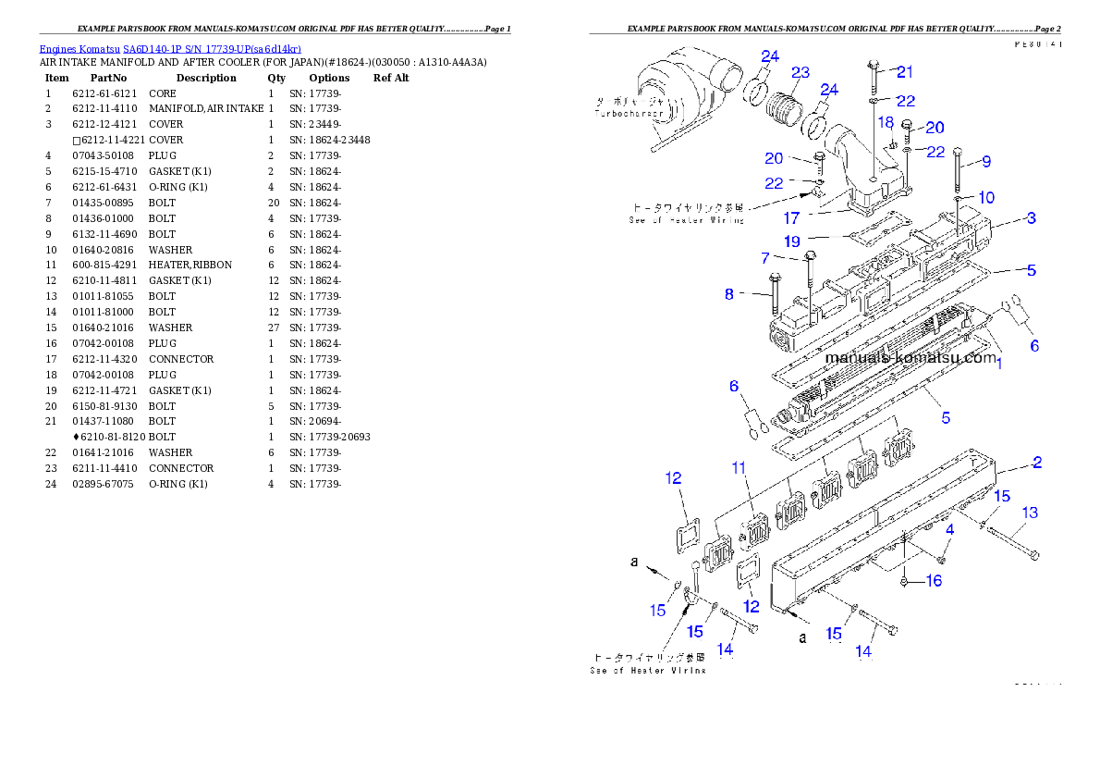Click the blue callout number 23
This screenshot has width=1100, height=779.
pyautogui.click(x=801, y=72)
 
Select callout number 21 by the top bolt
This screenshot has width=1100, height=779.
pyautogui.click(x=905, y=71)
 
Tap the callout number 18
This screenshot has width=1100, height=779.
pyautogui.click(x=886, y=122)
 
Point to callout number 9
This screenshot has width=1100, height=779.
pyautogui.click(x=986, y=161)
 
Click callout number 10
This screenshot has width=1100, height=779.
pyautogui.click(x=986, y=197)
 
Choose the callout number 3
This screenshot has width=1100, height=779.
pyautogui.click(x=1031, y=218)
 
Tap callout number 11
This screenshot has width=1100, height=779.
pyautogui.click(x=739, y=469)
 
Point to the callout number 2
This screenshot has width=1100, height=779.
pyautogui.click(x=1037, y=462)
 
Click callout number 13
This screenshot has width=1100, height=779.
pyautogui.click(x=1029, y=512)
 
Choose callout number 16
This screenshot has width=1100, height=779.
pyautogui.click(x=934, y=580)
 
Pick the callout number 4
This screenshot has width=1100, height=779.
pyautogui.click(x=948, y=529)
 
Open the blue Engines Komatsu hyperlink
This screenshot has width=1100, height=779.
pyautogui.click(x=170, y=49)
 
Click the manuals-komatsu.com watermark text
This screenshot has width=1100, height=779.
pyautogui.click(x=911, y=357)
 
